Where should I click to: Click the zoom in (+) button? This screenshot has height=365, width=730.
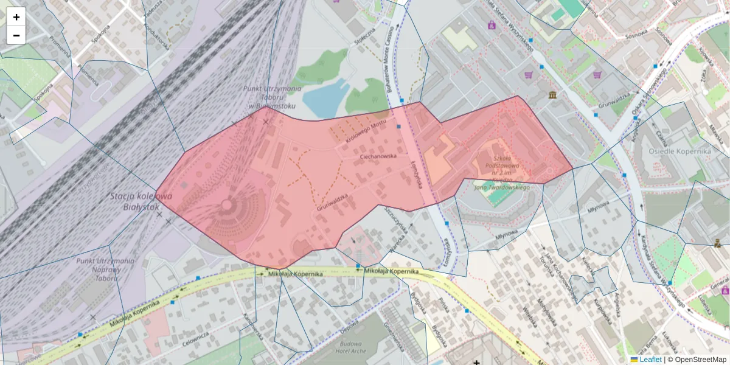click(x=16, y=17)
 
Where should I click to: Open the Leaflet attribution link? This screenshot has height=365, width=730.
click(x=650, y=360)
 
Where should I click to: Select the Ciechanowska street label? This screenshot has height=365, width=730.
click(x=378, y=156)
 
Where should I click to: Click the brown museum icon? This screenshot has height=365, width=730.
click(x=552, y=96)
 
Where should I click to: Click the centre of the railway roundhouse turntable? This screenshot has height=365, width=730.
click(x=227, y=205)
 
